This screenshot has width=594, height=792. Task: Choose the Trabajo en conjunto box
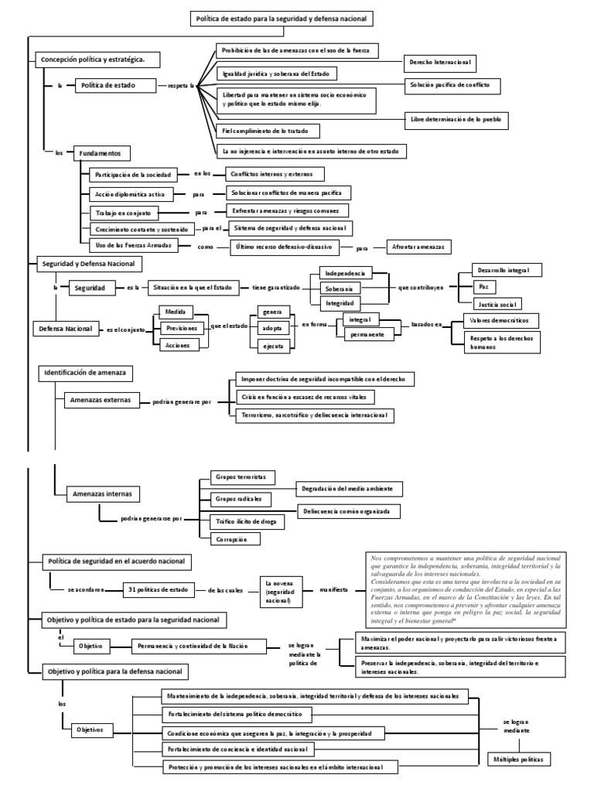(x=124, y=211)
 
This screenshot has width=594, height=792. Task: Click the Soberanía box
(x=345, y=288)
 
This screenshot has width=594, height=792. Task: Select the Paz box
(x=483, y=286)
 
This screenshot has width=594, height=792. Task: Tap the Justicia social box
(x=497, y=303)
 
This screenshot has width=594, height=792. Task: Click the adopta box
(x=273, y=328)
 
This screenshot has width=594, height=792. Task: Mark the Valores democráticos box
(x=500, y=319)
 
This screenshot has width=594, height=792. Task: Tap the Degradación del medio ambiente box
(x=348, y=489)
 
